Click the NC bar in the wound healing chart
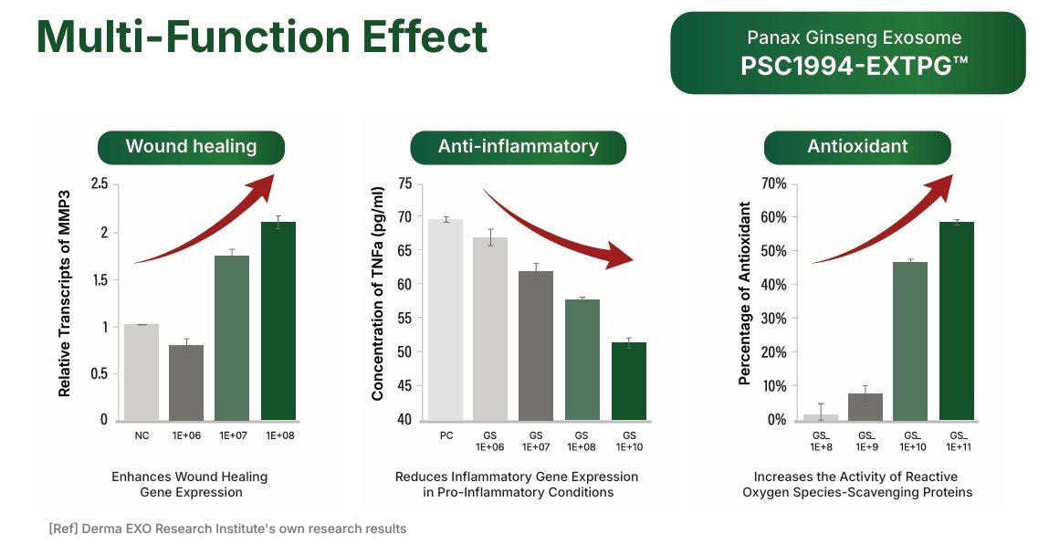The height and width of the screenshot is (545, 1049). point(142,372)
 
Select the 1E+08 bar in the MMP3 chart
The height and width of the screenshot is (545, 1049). point(278,321)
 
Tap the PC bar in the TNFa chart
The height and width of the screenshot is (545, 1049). point(445,320)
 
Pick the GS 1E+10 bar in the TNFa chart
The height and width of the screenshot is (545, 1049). point(629,382)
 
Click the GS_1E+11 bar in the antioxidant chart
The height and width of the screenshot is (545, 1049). point(957,321)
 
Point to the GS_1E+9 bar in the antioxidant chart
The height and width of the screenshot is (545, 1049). point(865,407)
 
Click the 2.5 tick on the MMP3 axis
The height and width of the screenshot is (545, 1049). point(100,183)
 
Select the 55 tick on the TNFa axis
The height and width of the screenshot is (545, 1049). point(404,318)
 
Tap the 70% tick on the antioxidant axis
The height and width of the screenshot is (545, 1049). point(773,183)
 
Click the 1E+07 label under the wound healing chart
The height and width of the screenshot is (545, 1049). point(233,435)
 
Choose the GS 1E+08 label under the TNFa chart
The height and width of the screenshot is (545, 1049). point(582,441)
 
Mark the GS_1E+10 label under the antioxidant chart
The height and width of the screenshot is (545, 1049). point(913,441)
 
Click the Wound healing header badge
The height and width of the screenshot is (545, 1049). point(192,147)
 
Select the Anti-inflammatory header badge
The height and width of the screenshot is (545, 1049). point(518,147)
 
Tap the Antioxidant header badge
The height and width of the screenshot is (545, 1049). point(857,147)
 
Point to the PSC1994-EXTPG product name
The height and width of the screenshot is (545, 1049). point(855,67)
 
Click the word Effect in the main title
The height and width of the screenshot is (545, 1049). point(425,37)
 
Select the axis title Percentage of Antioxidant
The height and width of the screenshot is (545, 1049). point(745,293)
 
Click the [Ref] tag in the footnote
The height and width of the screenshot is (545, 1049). point(63,529)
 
